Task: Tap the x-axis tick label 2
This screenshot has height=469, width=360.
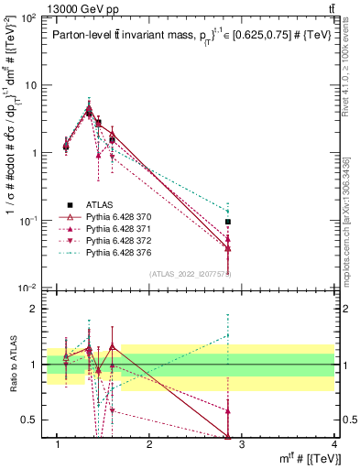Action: coord(149,445)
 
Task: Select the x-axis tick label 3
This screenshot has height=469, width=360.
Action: coord(241,445)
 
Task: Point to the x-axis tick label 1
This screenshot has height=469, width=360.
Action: coord(58,445)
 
